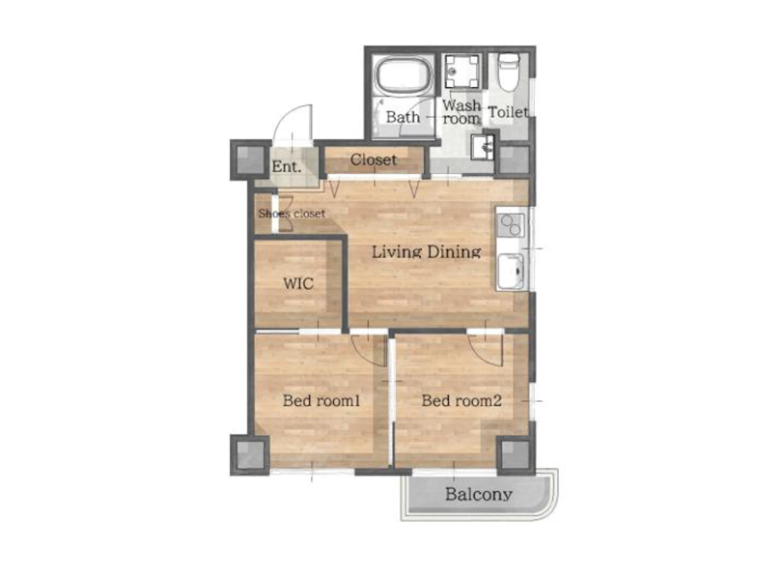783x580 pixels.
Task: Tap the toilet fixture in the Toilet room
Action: click(x=509, y=72)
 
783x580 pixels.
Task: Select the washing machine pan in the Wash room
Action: click(x=462, y=72)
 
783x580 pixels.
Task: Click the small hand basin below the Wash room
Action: click(x=483, y=147)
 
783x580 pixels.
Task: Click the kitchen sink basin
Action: click(x=511, y=271)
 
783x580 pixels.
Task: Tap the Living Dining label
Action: click(x=427, y=251)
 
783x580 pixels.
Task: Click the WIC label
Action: click(x=298, y=283)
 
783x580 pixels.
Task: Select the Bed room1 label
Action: click(x=322, y=400)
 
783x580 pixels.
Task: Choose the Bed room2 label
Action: click(x=461, y=400)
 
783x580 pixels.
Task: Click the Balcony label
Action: click(x=479, y=494)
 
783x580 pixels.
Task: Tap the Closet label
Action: click(x=374, y=160)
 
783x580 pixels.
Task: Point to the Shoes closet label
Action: click(x=292, y=214)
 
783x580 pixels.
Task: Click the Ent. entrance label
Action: click(x=287, y=166)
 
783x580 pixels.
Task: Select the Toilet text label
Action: click(x=509, y=112)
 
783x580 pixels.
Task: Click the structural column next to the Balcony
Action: click(x=517, y=455)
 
